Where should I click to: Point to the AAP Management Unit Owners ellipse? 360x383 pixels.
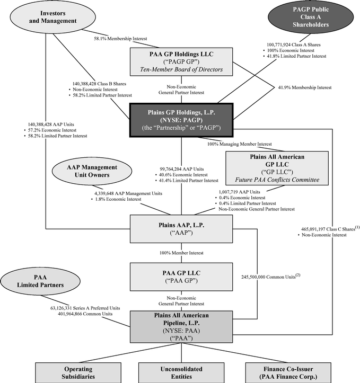(91, 172)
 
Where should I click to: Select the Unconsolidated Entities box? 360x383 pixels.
(181, 372)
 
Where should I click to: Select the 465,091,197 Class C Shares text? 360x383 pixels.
(323, 226)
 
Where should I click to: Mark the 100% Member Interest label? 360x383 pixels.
(181, 253)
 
